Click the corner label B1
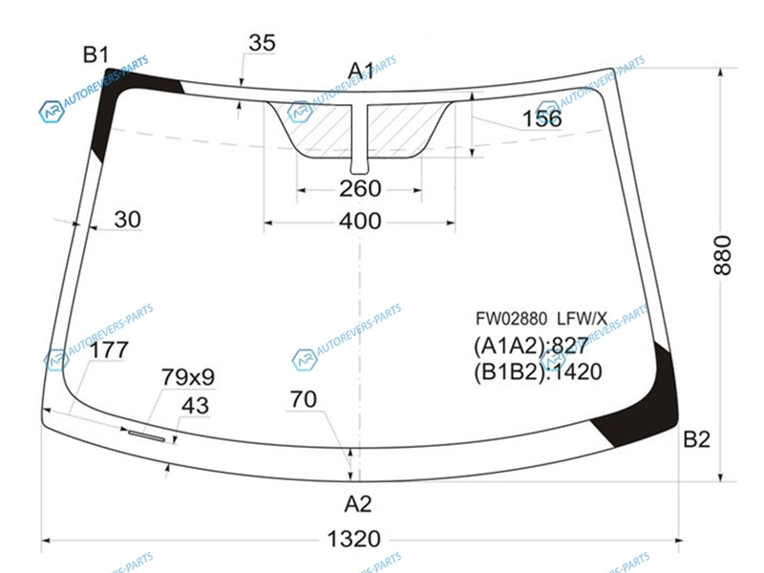coord(95,54)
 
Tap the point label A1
coord(361,71)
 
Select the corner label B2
coord(696,439)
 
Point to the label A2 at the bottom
coord(358,504)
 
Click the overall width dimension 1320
coord(353,539)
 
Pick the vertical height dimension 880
coord(722,255)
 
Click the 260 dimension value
coord(360,188)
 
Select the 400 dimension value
coord(360,222)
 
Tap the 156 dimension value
coord(541,118)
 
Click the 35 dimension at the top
coord(262,43)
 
